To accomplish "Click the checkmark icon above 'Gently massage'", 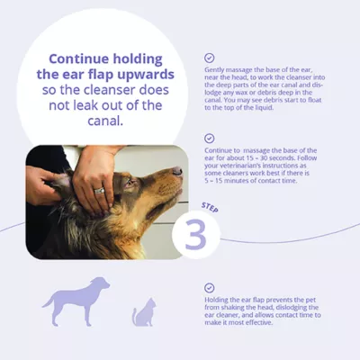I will pos(210,58).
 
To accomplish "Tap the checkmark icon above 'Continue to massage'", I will pos(210,138).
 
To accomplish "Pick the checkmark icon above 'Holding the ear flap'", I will pos(210,287).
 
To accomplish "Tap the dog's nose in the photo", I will pos(177,170).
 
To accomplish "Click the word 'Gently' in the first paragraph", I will pos(216,72).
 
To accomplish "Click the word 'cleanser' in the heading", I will pos(83,89).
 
